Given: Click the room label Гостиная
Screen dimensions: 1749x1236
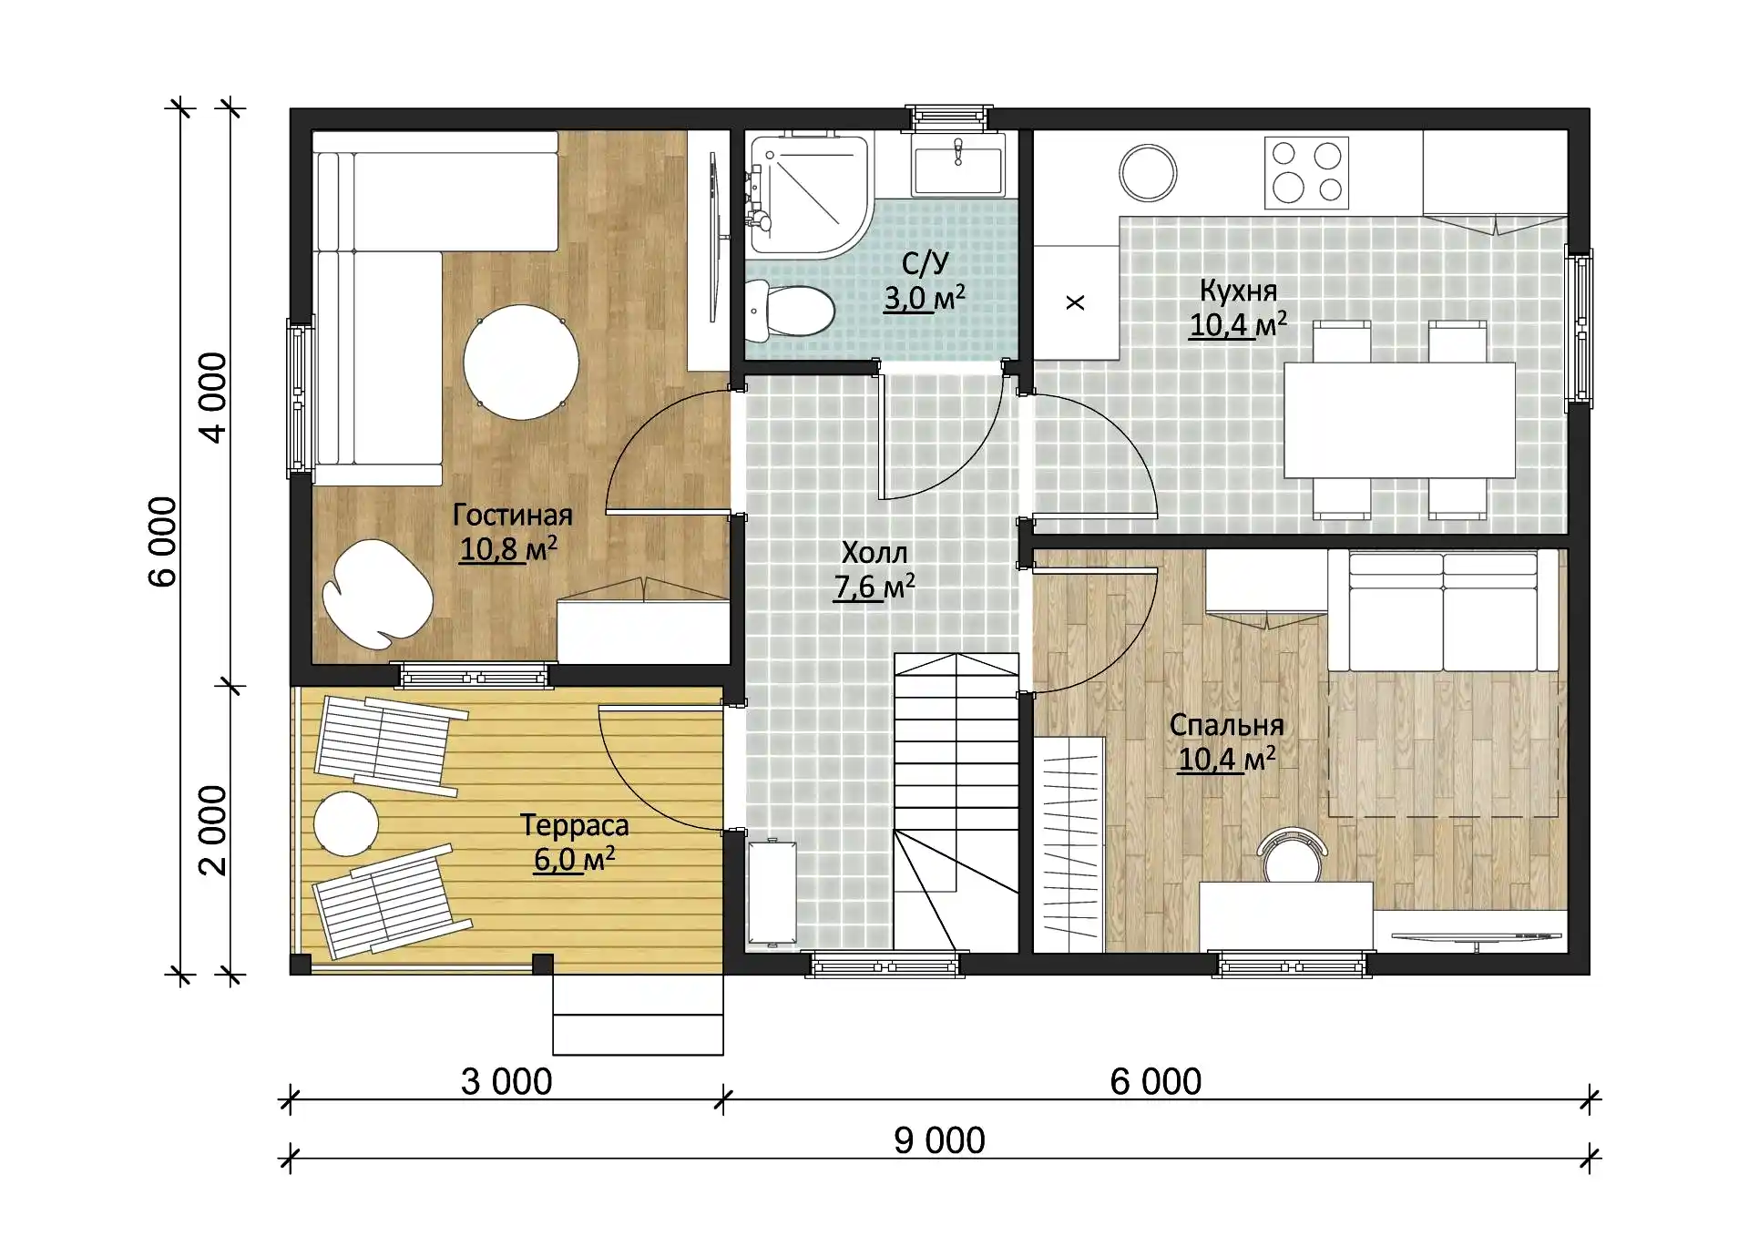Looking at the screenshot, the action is pos(513,516).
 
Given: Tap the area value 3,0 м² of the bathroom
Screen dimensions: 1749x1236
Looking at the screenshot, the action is pos(925,299).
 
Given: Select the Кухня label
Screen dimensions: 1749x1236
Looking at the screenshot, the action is pos(1238,291).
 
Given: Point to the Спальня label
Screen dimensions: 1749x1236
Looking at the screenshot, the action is pos(1226,725).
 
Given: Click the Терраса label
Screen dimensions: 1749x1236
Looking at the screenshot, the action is pos(574,825).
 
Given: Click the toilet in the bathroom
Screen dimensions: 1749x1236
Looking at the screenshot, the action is pos(789,311).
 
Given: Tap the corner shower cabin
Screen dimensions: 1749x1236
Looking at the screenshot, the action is pos(807,194).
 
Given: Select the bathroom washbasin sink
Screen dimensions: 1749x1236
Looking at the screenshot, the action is pos(958,164).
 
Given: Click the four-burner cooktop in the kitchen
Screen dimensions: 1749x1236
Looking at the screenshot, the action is pos(1306,173).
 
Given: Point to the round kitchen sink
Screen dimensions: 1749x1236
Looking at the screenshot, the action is pos(1148,173).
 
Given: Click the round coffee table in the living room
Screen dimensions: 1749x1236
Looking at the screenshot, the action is pos(521,363).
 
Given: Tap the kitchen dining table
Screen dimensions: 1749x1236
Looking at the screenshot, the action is pos(1399,420).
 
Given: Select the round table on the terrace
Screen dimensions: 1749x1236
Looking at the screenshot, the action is pos(346,823).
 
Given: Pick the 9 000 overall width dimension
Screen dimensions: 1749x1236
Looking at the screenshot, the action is pos(939,1140).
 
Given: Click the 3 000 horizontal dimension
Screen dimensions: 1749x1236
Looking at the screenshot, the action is pos(506,1082).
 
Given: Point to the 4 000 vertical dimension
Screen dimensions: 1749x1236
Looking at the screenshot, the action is pos(212,398).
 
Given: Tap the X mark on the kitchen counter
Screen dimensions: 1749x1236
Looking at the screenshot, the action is pos(1075,302).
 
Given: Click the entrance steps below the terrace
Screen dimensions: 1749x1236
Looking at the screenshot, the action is pos(638,1015).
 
